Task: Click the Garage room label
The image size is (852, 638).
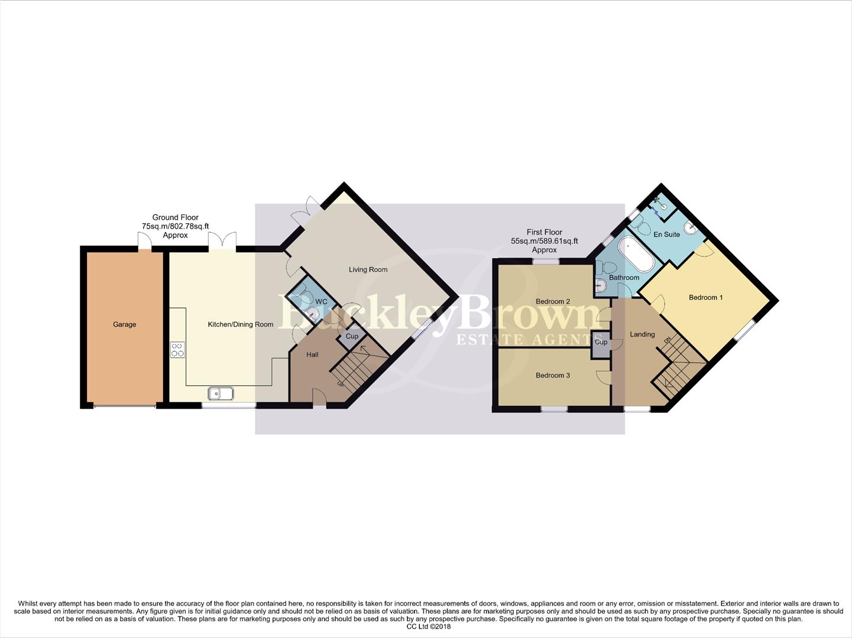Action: click(x=124, y=324)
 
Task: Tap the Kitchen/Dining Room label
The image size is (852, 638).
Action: click(x=240, y=324)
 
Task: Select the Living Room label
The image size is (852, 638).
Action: click(x=368, y=269)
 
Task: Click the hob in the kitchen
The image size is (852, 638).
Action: click(x=177, y=350)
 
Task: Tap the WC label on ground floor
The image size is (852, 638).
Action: click(x=321, y=302)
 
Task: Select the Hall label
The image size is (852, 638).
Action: click(x=312, y=354)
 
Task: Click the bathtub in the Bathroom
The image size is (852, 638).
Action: click(x=636, y=254)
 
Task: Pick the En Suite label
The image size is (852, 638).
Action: click(x=666, y=235)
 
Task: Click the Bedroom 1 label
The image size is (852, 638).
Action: click(x=705, y=297)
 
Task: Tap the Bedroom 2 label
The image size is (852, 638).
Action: click(x=553, y=301)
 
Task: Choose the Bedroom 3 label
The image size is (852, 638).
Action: click(x=553, y=375)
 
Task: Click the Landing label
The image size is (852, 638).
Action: click(x=642, y=334)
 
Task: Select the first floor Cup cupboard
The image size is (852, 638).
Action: click(x=601, y=342)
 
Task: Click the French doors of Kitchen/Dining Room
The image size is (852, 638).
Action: click(x=222, y=240)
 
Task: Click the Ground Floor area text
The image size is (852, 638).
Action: click(x=175, y=226)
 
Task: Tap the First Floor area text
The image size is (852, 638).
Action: click(x=544, y=241)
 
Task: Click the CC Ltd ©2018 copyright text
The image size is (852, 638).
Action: click(x=428, y=627)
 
